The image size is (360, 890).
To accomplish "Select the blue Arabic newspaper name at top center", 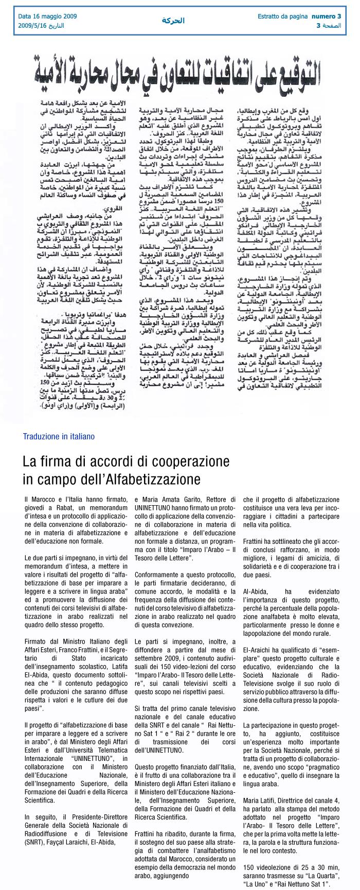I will (x=173, y=21).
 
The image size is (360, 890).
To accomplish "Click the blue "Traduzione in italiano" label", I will (x=59, y=436).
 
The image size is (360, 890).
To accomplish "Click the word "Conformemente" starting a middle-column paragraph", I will (x=158, y=575).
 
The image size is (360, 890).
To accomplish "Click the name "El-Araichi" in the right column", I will (x=259, y=650).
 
